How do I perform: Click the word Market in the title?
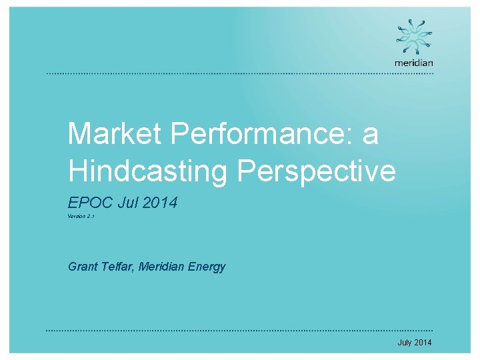[x=113, y=134]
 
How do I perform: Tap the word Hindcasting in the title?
[x=147, y=171]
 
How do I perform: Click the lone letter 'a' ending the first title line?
[x=370, y=135]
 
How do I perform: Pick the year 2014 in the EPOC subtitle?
[x=161, y=203]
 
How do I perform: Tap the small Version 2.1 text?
[x=81, y=217]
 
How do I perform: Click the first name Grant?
[x=83, y=267]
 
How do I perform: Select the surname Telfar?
[x=119, y=267]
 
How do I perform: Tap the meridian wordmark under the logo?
[x=414, y=63]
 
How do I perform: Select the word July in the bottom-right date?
[x=405, y=343]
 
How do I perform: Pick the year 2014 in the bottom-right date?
[x=423, y=343]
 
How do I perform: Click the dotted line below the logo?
[x=240, y=73]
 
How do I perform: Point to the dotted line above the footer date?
[x=240, y=331]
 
